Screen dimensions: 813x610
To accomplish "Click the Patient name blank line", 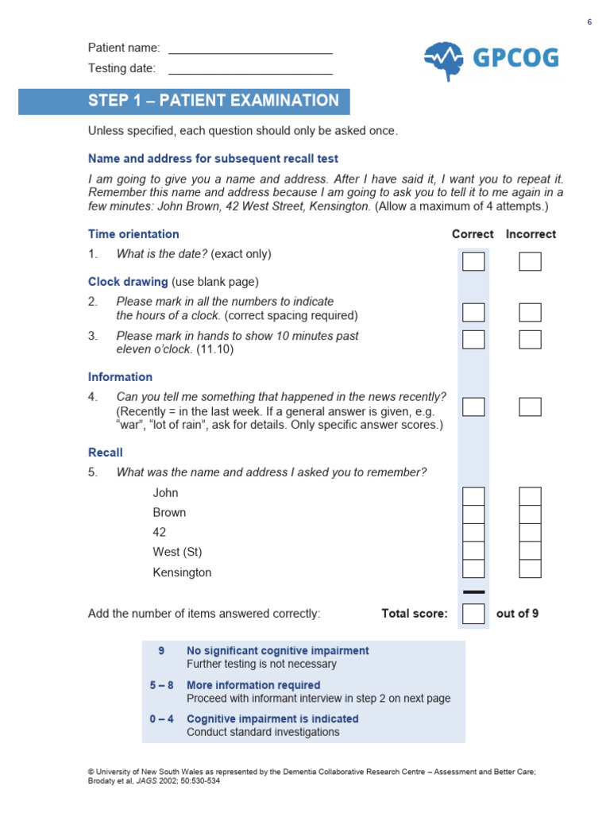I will coord(250,52).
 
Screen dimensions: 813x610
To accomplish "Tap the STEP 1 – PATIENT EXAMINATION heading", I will coord(214,101).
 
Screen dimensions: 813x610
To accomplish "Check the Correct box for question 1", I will coord(473,261).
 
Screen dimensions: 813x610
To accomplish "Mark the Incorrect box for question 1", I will coord(530,261).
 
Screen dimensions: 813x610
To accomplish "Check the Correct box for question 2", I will coord(473,312).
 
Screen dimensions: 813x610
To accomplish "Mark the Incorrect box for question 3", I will coord(530,339).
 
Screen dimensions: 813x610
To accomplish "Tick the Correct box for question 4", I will coord(473,406).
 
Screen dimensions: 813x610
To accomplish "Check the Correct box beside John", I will coord(473,496).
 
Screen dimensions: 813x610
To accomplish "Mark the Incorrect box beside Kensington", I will coord(530,568).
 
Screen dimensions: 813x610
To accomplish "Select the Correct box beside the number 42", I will coord(473,532).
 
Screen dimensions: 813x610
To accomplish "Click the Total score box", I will coord(473,614).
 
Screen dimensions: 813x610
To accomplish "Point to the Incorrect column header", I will coord(531,234).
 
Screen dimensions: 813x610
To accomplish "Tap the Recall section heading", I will coord(106,453).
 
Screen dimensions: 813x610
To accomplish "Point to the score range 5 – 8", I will coord(161,685).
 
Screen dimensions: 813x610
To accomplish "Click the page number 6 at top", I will coord(589,21).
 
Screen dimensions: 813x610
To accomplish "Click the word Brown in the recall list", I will coord(169,513).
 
